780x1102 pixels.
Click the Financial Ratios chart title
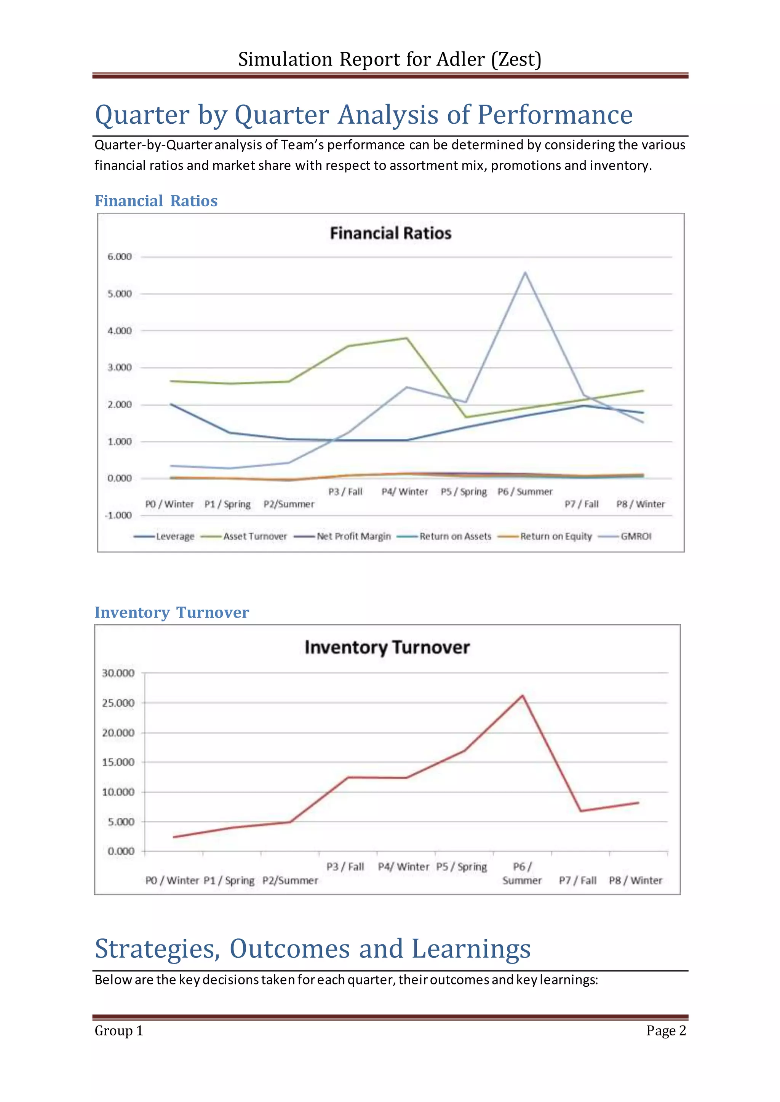[x=390, y=233]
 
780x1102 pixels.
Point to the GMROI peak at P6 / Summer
[x=525, y=272]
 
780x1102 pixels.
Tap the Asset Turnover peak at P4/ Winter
[x=407, y=338]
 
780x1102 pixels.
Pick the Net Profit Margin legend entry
[x=353, y=537]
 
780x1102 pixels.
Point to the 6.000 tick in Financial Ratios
[x=119, y=257]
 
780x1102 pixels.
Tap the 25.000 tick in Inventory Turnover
[x=118, y=703]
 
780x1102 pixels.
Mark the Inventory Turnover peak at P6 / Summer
[x=522, y=696]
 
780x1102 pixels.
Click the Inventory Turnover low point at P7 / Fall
[x=581, y=811]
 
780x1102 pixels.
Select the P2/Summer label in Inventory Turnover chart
[x=290, y=881]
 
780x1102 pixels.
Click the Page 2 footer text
[x=666, y=1030]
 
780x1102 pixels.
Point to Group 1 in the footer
[x=118, y=1030]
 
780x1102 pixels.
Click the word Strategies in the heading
[x=157, y=948]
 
